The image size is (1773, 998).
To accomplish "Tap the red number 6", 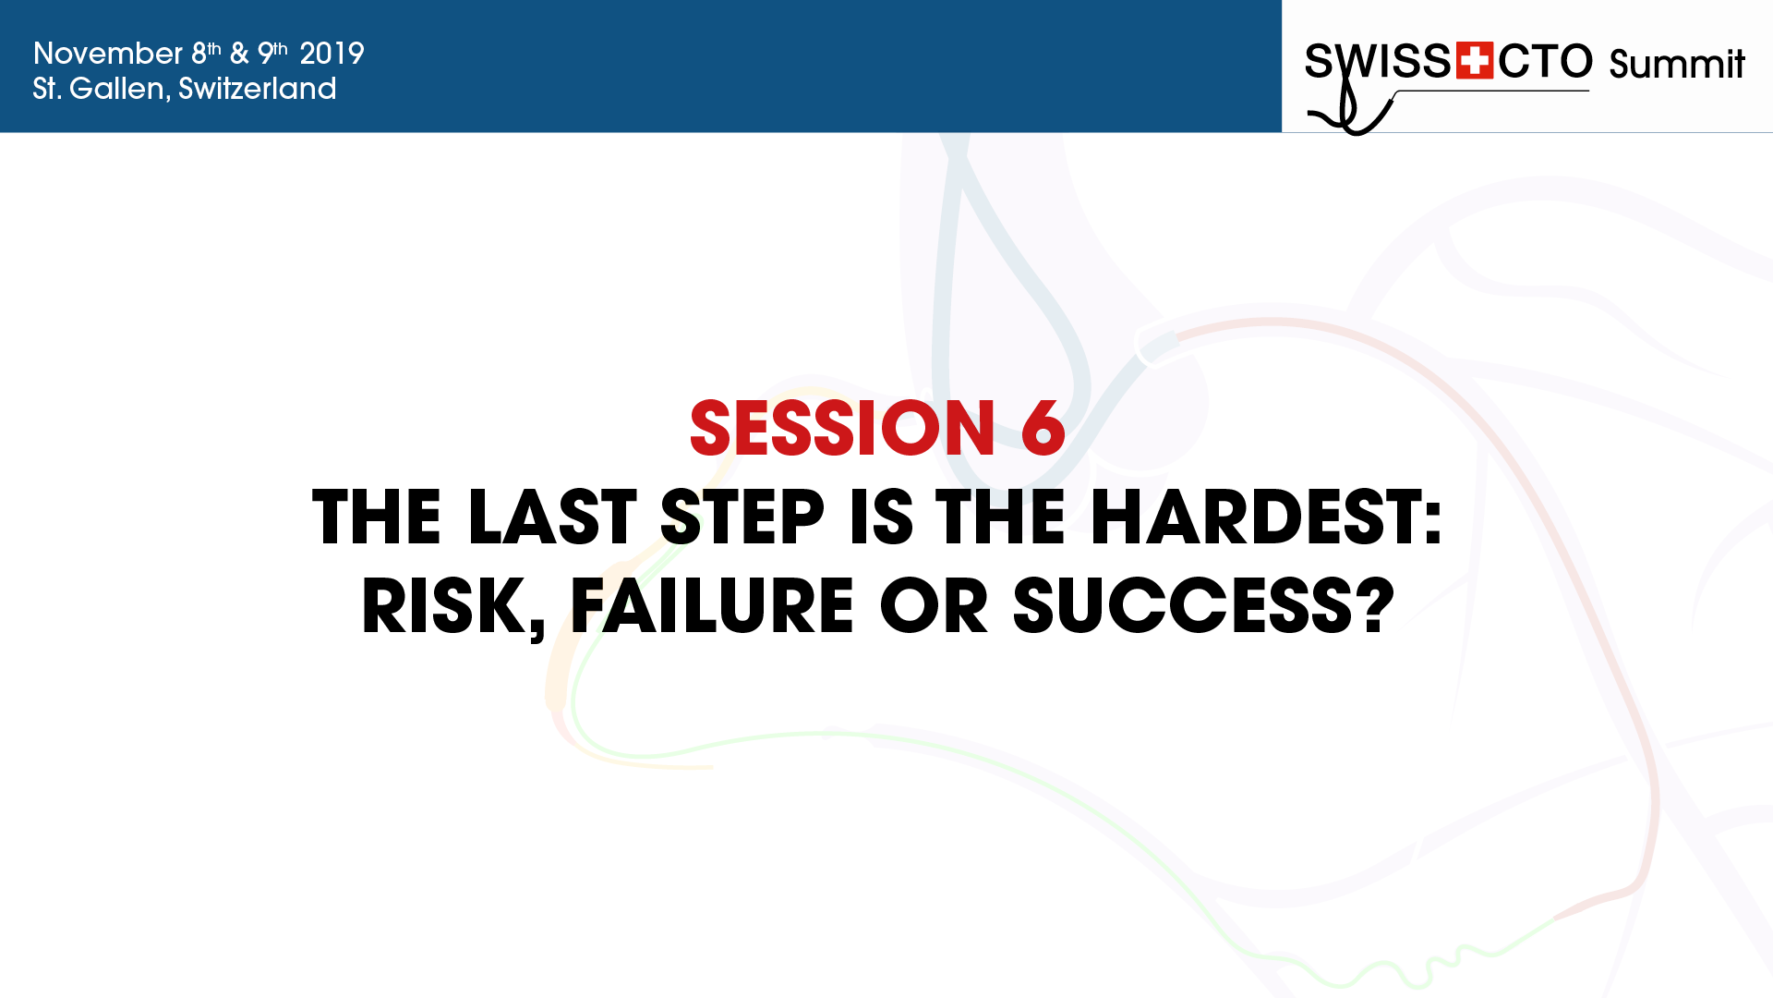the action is pyautogui.click(x=1043, y=428).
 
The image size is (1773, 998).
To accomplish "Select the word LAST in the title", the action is pyautogui.click(x=552, y=517).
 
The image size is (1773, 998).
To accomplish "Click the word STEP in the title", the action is pyautogui.click(x=742, y=517).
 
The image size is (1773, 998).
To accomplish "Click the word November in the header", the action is pyautogui.click(x=108, y=54).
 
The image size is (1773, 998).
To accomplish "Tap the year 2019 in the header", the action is pyautogui.click(x=332, y=54).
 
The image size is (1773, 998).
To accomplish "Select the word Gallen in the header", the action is pyautogui.click(x=117, y=89).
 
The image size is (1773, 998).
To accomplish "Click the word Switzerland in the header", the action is pyautogui.click(x=258, y=89).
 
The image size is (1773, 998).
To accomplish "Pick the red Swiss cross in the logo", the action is pyautogui.click(x=1475, y=61).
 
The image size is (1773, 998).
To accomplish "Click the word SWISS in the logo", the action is pyautogui.click(x=1378, y=61).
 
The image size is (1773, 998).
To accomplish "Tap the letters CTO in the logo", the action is pyautogui.click(x=1545, y=61).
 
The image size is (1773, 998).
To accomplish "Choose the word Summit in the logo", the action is pyautogui.click(x=1677, y=64).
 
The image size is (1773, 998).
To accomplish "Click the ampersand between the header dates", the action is pyautogui.click(x=239, y=54).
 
